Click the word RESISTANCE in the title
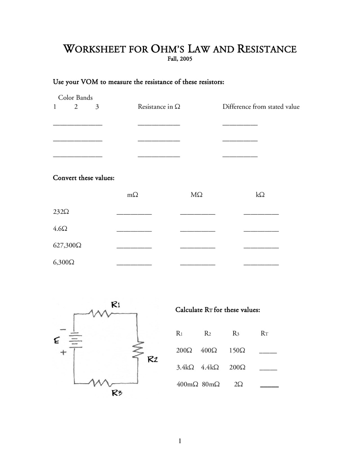coord(267,49)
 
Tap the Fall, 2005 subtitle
coord(180,59)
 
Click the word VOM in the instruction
coord(89,82)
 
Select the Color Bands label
coord(75,98)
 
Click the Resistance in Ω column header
coord(159,107)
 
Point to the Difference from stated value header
coord(261,107)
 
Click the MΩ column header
coord(196,195)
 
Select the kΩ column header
coord(260,195)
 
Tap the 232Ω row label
coord(61,212)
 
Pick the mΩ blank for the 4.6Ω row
coord(134,230)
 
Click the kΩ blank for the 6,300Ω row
coord(261,264)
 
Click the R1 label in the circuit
coord(116,305)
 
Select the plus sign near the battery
coord(63,352)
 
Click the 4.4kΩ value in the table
coord(210,367)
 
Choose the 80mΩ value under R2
coord(211,384)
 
